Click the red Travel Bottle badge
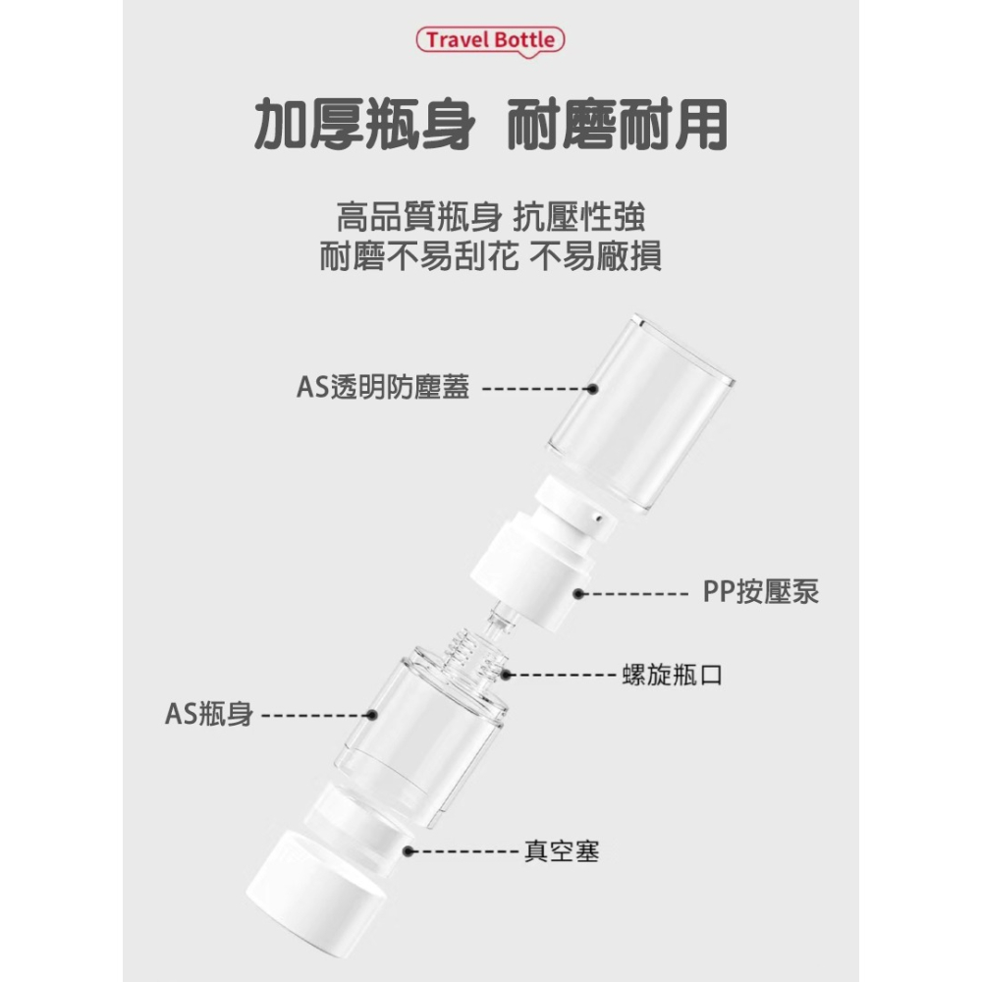[x=490, y=40]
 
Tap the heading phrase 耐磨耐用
[x=619, y=124]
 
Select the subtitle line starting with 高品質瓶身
[x=490, y=217]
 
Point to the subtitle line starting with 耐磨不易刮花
[x=490, y=256]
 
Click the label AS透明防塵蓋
[x=383, y=388]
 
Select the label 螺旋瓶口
[x=673, y=675]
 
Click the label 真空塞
[x=562, y=850]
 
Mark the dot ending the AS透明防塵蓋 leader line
[x=593, y=389]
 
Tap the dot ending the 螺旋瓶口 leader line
[x=506, y=675]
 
